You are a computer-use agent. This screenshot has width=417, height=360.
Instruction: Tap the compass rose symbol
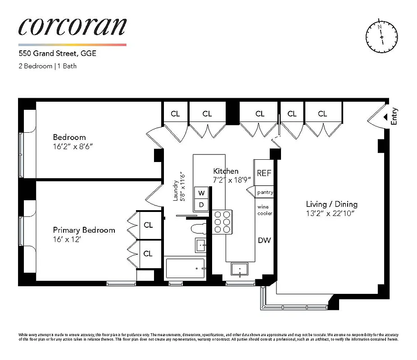[x=381, y=36]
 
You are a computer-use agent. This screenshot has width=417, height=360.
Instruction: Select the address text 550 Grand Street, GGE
[x=57, y=54]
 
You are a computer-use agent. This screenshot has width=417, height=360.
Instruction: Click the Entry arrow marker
[x=385, y=117]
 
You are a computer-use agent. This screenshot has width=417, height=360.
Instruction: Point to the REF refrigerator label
[x=264, y=173]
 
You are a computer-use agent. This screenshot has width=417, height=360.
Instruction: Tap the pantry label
[x=265, y=192]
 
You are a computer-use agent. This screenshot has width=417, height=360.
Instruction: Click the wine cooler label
[x=264, y=210]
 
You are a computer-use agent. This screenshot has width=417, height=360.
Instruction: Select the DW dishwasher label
[x=264, y=240]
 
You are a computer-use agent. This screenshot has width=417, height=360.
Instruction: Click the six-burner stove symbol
[x=222, y=222]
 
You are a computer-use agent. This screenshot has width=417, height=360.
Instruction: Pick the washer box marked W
[x=202, y=193]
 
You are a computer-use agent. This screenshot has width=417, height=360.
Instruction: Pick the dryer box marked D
[x=202, y=205]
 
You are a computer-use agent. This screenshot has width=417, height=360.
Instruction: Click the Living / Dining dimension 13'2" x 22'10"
[x=331, y=213]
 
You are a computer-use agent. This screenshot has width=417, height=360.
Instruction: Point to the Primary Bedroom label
[x=84, y=230]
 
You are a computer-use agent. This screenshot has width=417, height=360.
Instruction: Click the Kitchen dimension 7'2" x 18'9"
[x=231, y=180]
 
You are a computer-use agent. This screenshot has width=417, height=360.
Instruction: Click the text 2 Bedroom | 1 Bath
[x=47, y=66]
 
